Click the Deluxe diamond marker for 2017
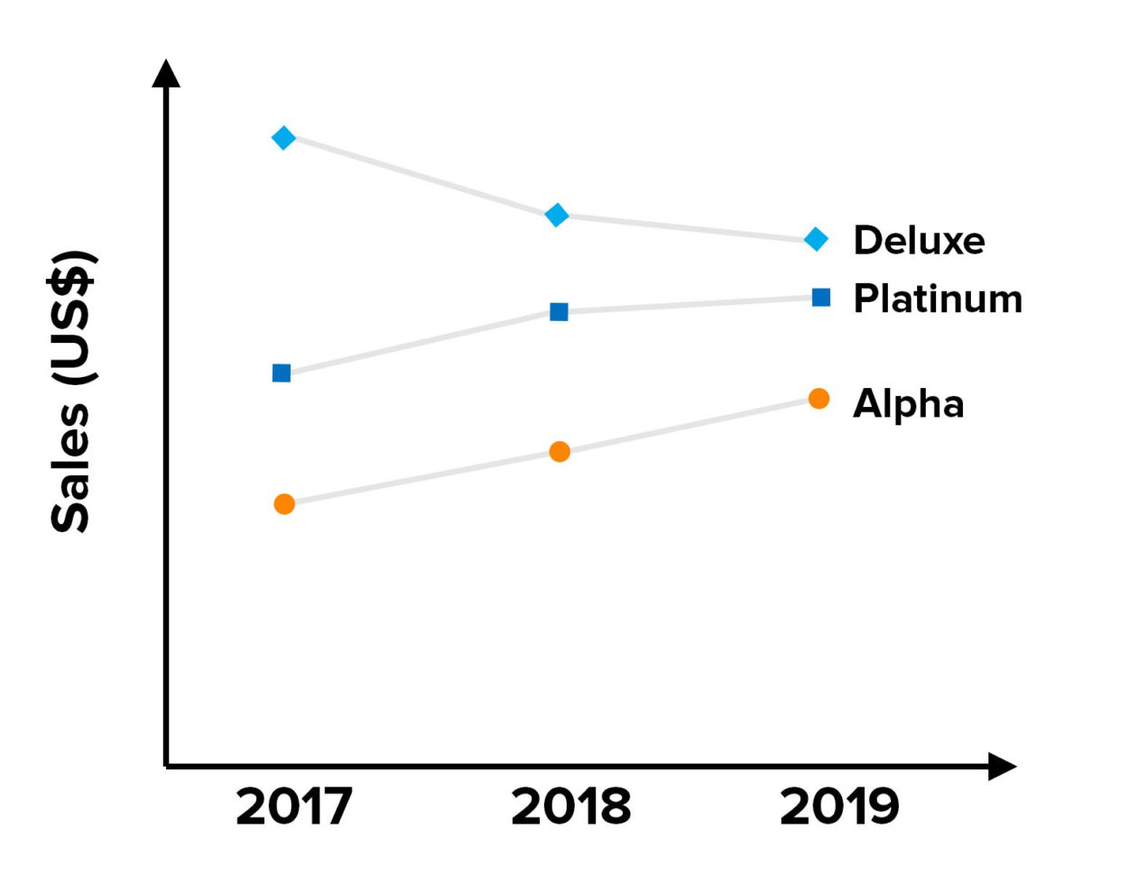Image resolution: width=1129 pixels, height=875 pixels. (x=283, y=138)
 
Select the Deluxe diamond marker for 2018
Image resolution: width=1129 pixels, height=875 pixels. (x=557, y=215)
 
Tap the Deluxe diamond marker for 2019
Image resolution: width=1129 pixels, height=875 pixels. (x=816, y=239)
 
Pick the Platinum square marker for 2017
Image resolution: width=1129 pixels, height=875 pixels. (x=282, y=373)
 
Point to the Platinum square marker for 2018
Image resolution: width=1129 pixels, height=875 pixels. (x=559, y=312)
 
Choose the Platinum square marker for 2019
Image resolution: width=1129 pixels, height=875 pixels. (x=820, y=298)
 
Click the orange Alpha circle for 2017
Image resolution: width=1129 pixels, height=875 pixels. (x=284, y=504)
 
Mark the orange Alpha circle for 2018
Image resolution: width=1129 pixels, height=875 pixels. (x=560, y=451)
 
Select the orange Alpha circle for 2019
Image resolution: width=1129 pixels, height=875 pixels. (x=819, y=399)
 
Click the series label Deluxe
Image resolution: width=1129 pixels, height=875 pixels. (x=919, y=241)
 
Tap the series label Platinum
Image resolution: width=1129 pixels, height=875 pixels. (x=938, y=299)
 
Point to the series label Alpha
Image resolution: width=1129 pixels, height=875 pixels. (x=908, y=404)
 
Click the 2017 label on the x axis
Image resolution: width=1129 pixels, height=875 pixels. (x=293, y=806)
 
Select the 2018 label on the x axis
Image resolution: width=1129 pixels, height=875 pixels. (x=570, y=806)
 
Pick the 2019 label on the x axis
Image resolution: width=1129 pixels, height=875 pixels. (x=839, y=806)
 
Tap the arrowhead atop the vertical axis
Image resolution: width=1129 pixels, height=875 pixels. (x=166, y=74)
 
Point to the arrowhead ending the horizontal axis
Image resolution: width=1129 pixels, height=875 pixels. (x=1002, y=767)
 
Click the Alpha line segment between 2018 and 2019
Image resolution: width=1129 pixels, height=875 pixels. (x=689, y=425)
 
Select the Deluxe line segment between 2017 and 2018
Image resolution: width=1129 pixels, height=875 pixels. (x=420, y=177)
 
